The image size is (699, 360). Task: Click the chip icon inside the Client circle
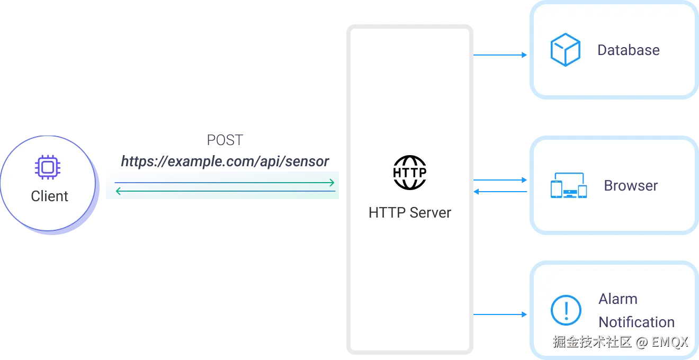pyautogui.click(x=48, y=168)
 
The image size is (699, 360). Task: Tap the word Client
pyautogui.click(x=49, y=196)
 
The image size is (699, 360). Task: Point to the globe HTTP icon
pyautogui.click(x=409, y=172)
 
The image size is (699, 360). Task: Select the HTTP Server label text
pyautogui.click(x=409, y=213)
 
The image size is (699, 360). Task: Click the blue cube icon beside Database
pyautogui.click(x=565, y=50)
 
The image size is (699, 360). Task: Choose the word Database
pyautogui.click(x=628, y=50)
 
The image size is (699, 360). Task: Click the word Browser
pyautogui.click(x=631, y=186)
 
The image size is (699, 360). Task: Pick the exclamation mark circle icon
pyautogui.click(x=566, y=310)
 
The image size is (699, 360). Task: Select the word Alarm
pyautogui.click(x=617, y=299)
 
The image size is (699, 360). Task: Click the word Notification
pyautogui.click(x=636, y=322)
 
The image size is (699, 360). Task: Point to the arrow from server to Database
pyautogui.click(x=500, y=55)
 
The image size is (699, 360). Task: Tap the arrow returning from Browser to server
pyautogui.click(x=500, y=192)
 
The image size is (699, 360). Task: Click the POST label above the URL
pyautogui.click(x=225, y=141)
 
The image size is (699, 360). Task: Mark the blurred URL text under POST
pyautogui.click(x=225, y=160)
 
